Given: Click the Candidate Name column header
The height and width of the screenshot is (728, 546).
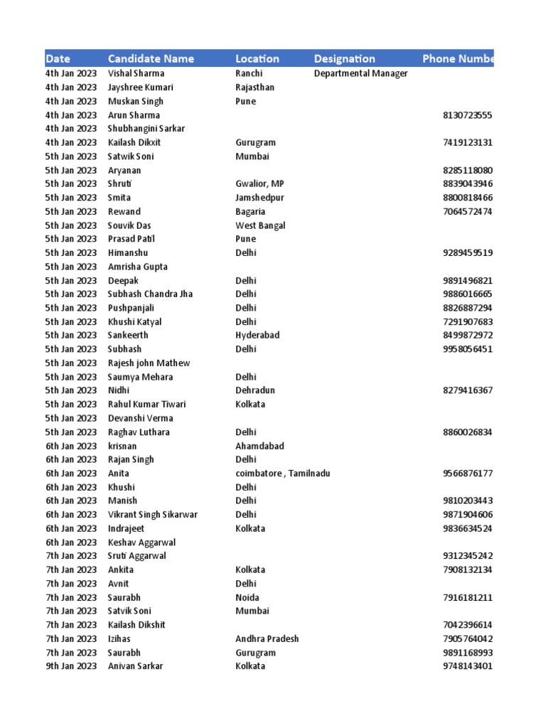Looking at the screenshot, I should click(151, 59).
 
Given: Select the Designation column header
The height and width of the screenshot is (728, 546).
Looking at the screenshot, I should click(344, 59).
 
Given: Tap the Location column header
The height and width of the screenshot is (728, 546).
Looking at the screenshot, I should click(257, 59).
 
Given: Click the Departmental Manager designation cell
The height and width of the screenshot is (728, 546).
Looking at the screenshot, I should click(360, 74).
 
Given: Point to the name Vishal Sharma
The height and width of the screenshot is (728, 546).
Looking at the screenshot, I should click(136, 74).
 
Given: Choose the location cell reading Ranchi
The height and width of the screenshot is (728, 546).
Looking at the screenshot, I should click(249, 74).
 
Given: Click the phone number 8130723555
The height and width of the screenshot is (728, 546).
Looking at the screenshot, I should click(467, 115).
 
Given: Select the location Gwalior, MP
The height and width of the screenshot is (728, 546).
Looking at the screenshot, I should click(259, 184).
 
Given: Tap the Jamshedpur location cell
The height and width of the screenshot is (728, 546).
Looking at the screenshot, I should click(260, 198).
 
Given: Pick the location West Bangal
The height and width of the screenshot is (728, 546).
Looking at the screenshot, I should click(260, 225).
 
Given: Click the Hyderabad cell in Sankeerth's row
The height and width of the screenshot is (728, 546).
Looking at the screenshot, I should click(257, 336).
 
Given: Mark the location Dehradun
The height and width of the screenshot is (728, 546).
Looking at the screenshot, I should click(255, 390).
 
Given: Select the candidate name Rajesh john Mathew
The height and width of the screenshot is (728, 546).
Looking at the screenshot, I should click(149, 363).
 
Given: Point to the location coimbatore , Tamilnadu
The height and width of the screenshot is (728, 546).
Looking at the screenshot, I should click(282, 473).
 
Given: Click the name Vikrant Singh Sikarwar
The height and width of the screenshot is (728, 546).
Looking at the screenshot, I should click(153, 515).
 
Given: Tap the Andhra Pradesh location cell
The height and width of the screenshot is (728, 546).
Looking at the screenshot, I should click(267, 638).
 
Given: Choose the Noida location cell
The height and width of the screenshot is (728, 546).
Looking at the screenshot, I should click(247, 597).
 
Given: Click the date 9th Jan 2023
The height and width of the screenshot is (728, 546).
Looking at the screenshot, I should click(71, 666).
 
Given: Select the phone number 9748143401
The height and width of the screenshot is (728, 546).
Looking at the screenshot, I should click(467, 666).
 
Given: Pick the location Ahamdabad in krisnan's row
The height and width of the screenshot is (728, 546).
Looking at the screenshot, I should click(259, 446).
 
